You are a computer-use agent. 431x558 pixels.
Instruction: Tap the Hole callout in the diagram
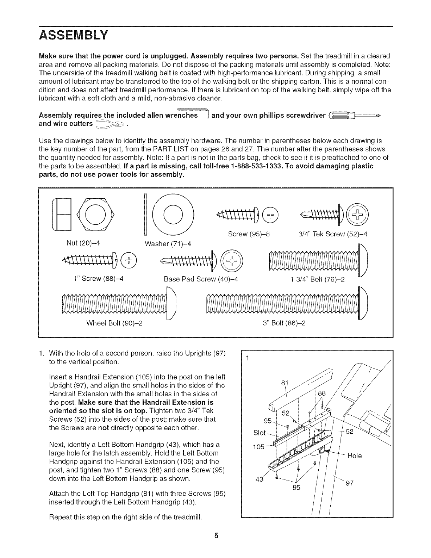pyautogui.click(x=354, y=455)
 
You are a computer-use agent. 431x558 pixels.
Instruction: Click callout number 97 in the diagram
pyautogui.click(x=349, y=484)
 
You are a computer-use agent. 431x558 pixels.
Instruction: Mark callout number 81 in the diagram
pyautogui.click(x=285, y=383)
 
